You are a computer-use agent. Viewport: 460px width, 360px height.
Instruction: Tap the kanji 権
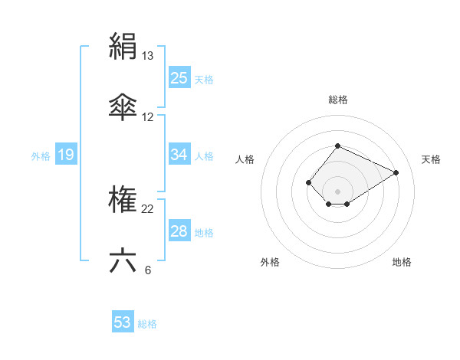[x=123, y=200]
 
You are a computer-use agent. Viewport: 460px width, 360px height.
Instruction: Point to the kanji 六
[x=123, y=260]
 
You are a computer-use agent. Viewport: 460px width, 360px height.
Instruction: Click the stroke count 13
[x=148, y=56]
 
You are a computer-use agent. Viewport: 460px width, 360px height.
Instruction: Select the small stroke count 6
[x=147, y=270]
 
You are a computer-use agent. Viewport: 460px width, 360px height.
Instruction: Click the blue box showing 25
[x=179, y=78]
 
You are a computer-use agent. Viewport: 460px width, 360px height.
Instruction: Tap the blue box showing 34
[x=179, y=155]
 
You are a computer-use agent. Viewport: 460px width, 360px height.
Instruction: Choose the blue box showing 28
[x=179, y=231]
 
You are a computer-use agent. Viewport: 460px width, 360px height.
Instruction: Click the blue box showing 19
[x=65, y=155]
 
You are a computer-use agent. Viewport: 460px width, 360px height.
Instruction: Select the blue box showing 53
[x=123, y=322]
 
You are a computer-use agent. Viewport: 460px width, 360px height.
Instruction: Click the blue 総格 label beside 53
[x=147, y=324]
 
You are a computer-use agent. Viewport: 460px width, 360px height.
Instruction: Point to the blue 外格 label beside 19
[x=41, y=156]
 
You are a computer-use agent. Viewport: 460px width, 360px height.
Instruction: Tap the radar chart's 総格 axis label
[x=337, y=100]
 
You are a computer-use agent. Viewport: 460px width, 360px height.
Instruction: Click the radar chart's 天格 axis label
[x=431, y=159]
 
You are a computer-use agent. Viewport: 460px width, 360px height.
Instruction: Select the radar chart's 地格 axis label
[x=402, y=262]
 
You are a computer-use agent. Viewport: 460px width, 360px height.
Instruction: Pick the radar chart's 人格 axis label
[x=245, y=159]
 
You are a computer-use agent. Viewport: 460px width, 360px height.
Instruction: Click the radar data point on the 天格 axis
[x=396, y=172]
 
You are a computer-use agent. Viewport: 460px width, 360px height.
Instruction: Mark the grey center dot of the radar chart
[x=337, y=191]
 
